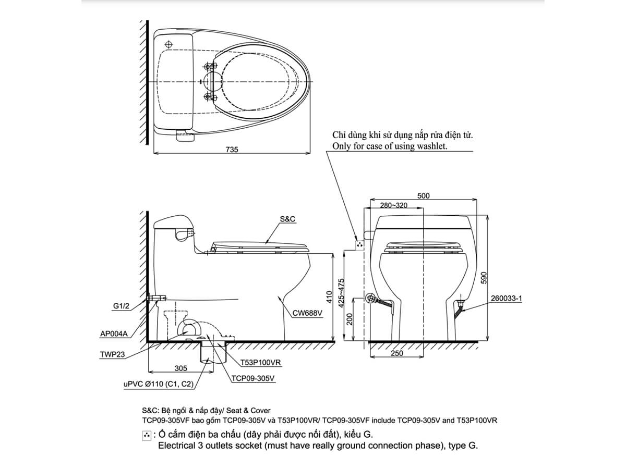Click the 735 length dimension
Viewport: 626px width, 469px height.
(x=232, y=150)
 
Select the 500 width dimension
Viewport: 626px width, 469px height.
(x=424, y=196)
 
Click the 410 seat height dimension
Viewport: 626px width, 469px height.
(x=329, y=298)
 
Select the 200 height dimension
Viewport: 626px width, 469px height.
(x=351, y=319)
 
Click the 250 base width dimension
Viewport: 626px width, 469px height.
(x=397, y=354)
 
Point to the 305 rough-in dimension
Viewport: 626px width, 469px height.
(x=180, y=368)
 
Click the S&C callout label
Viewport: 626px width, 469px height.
(x=287, y=219)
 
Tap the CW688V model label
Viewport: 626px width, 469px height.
(x=307, y=314)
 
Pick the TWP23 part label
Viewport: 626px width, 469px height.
(x=112, y=354)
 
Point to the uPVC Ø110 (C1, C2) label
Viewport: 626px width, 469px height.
(x=159, y=385)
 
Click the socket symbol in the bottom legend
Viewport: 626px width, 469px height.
(x=147, y=435)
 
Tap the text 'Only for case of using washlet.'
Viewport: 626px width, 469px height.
(x=390, y=146)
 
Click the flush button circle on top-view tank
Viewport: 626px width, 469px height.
(x=168, y=43)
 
